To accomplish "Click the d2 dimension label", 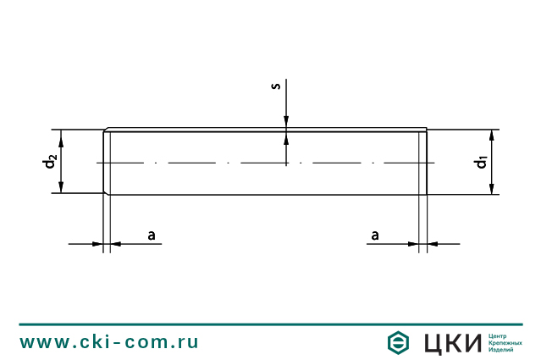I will pyautogui.click(x=51, y=160).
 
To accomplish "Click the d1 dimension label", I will pyautogui.click(x=481, y=161).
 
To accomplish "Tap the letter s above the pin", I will pyautogui.click(x=275, y=87).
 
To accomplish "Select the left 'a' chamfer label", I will pyautogui.click(x=152, y=234).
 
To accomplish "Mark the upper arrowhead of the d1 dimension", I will pyautogui.click(x=492, y=136).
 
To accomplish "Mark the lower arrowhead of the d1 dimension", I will pyautogui.click(x=492, y=189).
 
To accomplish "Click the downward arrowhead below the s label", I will pyautogui.click(x=286, y=125).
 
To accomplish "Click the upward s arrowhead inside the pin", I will pyautogui.click(x=286, y=137).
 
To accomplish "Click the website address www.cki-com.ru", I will pyautogui.click(x=109, y=342).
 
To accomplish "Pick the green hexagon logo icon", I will pyautogui.click(x=398, y=342).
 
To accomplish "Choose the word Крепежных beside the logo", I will pyautogui.click(x=506, y=343).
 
